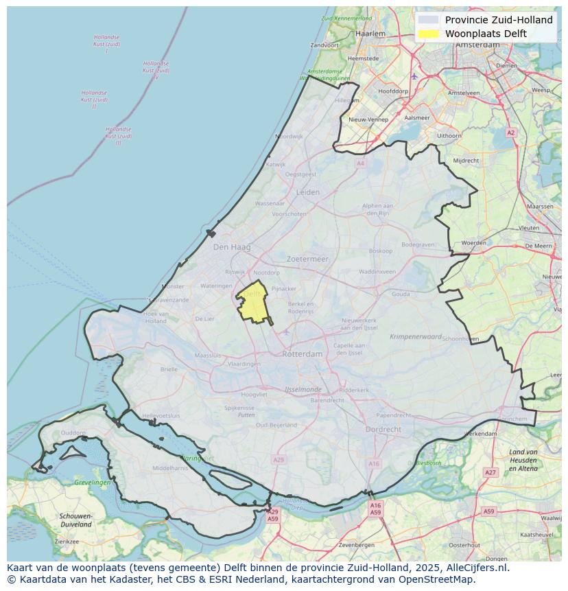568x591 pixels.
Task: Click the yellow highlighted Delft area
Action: [253, 303]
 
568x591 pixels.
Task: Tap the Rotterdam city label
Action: [302, 354]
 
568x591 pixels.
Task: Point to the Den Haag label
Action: [232, 247]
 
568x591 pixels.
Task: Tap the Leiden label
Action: [308, 192]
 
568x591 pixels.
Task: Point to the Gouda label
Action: [401, 294]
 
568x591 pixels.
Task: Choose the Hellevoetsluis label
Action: [161, 416]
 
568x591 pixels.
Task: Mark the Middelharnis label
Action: [169, 467]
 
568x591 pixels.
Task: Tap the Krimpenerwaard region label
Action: [416, 337]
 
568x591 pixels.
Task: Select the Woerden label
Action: [473, 243]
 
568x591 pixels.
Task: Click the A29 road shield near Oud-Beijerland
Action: [278, 459]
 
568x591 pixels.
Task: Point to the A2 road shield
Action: [510, 132]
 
